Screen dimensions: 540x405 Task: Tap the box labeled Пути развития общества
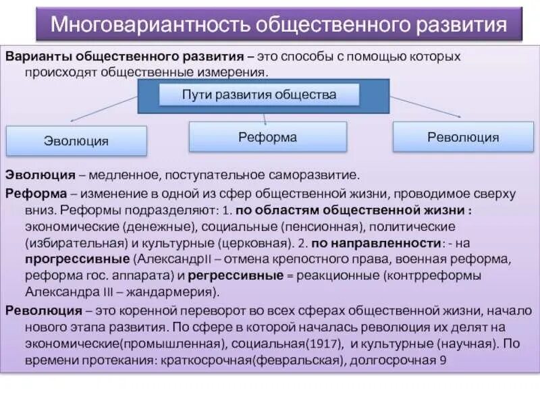pyautogui.click(x=259, y=94)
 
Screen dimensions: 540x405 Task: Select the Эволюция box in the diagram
pyautogui.click(x=76, y=141)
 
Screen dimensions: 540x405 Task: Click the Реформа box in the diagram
pyautogui.click(x=267, y=137)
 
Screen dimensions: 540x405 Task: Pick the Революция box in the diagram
pyautogui.click(x=463, y=138)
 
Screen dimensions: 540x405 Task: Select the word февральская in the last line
pyautogui.click(x=305, y=360)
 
